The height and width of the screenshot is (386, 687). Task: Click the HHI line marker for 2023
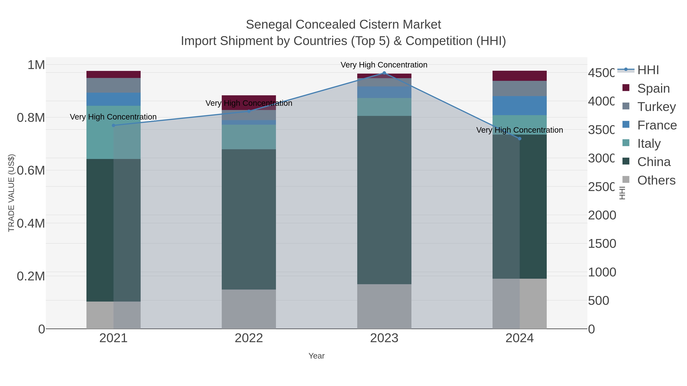384,73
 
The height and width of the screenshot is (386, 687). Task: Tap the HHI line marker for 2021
113,125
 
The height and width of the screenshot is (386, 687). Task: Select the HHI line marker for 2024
519,139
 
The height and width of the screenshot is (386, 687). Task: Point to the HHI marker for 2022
249,111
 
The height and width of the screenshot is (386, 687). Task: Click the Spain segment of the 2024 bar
519,76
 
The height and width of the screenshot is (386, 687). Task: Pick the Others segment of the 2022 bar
249,309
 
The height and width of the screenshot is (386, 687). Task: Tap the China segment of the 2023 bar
384,200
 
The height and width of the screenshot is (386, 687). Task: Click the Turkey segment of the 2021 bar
113,85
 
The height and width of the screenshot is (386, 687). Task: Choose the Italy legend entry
649,144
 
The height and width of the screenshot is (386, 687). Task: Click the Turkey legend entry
656,107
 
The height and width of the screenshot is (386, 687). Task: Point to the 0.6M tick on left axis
31,170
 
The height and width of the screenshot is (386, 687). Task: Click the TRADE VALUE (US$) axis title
11,193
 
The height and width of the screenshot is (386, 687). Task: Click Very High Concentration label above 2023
384,65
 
